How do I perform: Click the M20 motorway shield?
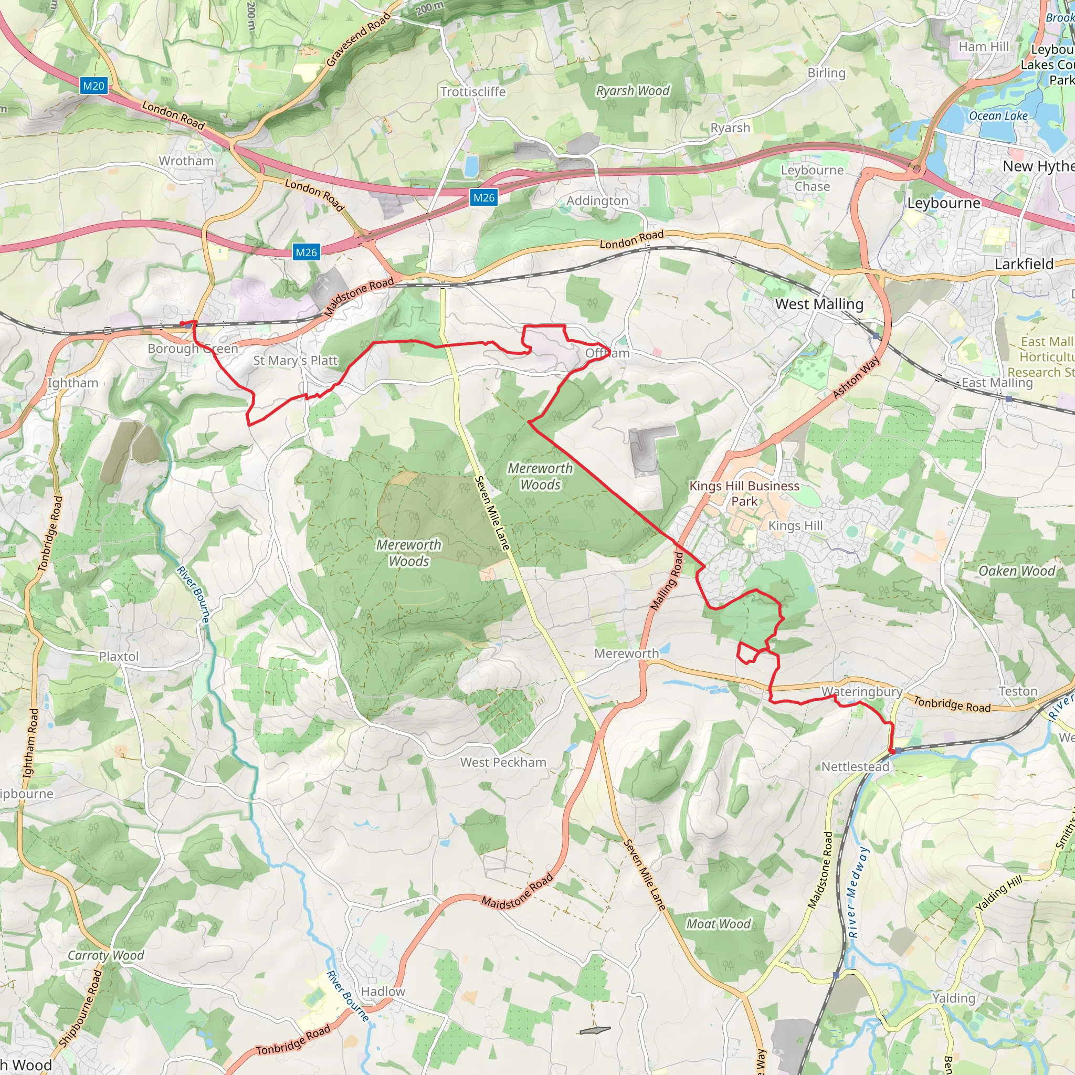pyautogui.click(x=93, y=86)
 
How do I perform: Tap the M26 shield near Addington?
pyautogui.click(x=483, y=197)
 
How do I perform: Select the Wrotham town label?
pyautogui.click(x=186, y=161)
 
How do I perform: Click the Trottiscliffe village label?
pyautogui.click(x=473, y=92)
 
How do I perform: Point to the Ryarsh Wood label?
pyautogui.click(x=633, y=91)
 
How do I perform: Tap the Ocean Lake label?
pyautogui.click(x=998, y=115)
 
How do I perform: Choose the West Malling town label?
pyautogui.click(x=819, y=304)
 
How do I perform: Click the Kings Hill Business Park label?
pyautogui.click(x=744, y=493)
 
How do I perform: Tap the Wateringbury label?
pyautogui.click(x=862, y=692)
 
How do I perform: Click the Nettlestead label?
pyautogui.click(x=855, y=767)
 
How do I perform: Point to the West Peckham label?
pyautogui.click(x=503, y=762)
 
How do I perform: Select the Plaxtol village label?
pyautogui.click(x=119, y=657)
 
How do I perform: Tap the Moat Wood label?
pyautogui.click(x=719, y=924)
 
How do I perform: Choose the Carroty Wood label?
pyautogui.click(x=106, y=955)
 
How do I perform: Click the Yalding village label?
pyautogui.click(x=954, y=998)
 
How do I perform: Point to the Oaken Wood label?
pyautogui.click(x=1017, y=571)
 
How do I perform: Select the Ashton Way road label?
pyautogui.click(x=857, y=377)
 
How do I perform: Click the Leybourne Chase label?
pyautogui.click(x=812, y=178)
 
